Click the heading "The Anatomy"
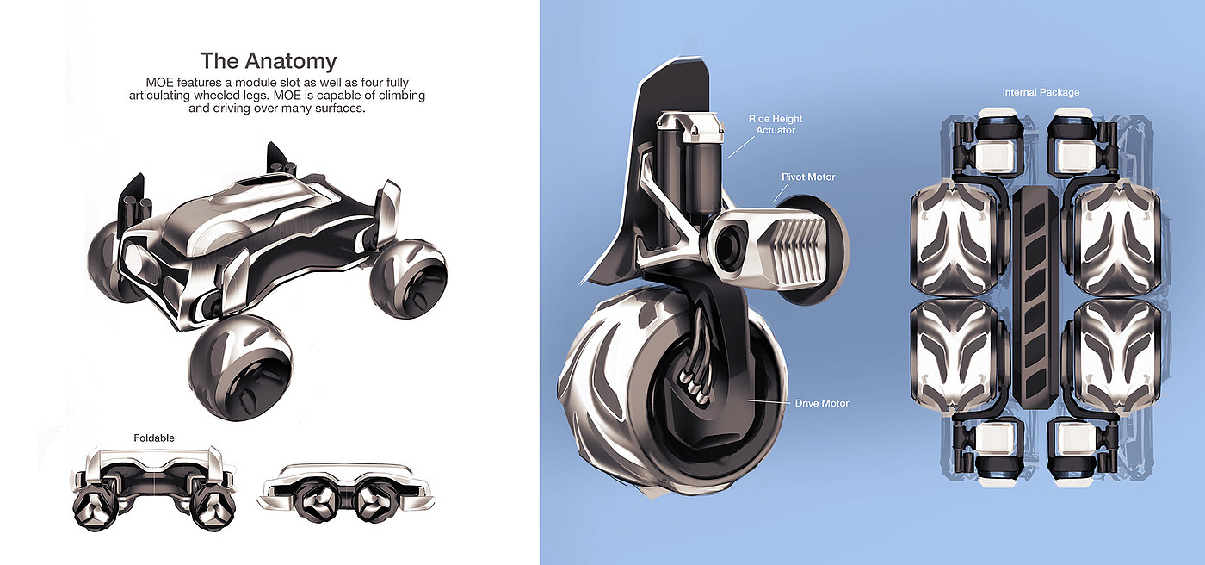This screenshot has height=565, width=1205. (268, 61)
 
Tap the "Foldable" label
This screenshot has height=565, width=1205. (154, 438)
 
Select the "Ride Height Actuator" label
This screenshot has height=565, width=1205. (776, 124)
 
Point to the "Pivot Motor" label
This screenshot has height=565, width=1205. (808, 177)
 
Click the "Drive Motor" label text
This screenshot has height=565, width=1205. (821, 403)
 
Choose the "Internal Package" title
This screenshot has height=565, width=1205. (1041, 92)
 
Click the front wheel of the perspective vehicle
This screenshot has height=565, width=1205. (240, 367)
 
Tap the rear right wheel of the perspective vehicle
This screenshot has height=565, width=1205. (410, 278)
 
